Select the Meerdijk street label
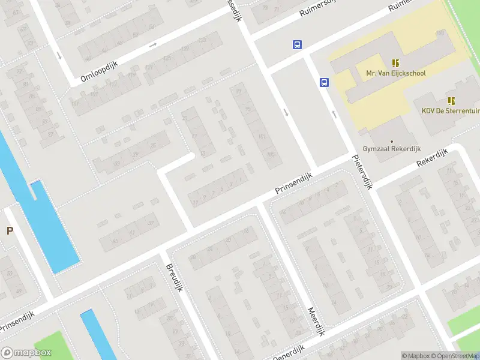pyautogui.click(x=316, y=321)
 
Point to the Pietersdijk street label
pyautogui.click(x=362, y=172)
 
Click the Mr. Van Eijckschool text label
pyautogui.click(x=395, y=73)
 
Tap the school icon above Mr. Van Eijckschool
pyautogui.click(x=395, y=62)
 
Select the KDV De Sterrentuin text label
pyautogui.click(x=450, y=111)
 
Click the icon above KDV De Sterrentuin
pyautogui.click(x=451, y=101)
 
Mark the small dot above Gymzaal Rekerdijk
pyautogui.click(x=392, y=142)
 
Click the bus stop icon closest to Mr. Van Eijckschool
pyautogui.click(x=324, y=83)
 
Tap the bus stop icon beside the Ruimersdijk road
pyautogui.click(x=297, y=44)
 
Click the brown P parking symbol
pyautogui.click(x=10, y=230)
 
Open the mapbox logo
pyautogui.click(x=26, y=353)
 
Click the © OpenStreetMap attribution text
pyautogui.click(x=457, y=356)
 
